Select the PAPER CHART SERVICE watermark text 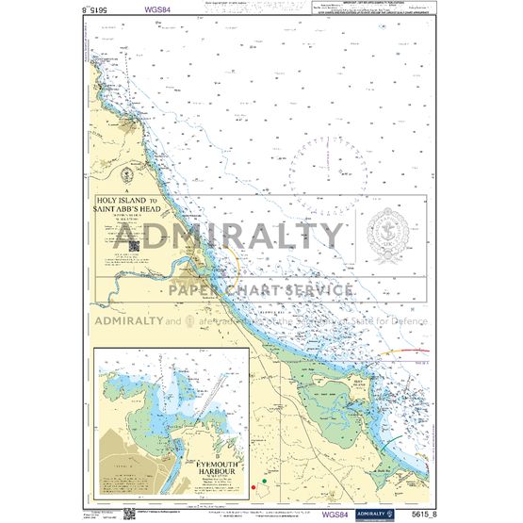[x=261, y=289]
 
